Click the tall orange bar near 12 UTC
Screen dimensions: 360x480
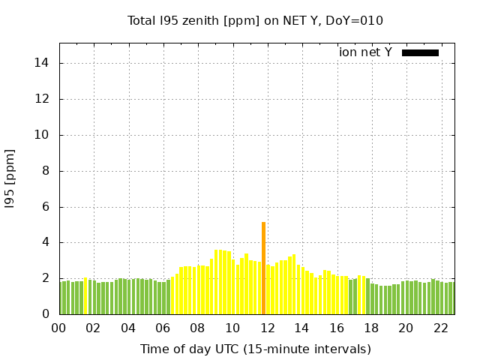tap(263, 268)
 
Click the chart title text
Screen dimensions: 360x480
tap(255, 21)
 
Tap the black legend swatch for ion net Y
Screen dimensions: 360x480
tap(420, 52)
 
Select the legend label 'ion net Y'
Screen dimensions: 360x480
tap(365, 52)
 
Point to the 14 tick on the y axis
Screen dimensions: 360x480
tap(42, 63)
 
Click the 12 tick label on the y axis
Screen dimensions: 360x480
tap(42, 99)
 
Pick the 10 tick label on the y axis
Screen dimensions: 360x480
tap(42, 135)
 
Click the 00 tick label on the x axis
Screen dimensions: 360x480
tap(59, 328)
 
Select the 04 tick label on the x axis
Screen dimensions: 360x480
tap(128, 328)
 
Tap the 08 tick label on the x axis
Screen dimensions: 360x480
tap(197, 328)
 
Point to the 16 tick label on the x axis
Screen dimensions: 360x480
tap(336, 328)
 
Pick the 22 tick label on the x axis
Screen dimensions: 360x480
tap(440, 328)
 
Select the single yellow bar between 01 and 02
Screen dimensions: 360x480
tap(85, 296)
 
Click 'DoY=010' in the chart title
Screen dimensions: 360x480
tap(358, 21)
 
